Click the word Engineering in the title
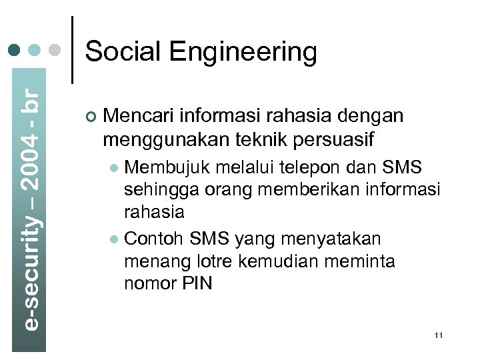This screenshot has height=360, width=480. [242, 53]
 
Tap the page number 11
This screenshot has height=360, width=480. [438, 335]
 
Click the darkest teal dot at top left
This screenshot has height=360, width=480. [14, 50]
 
